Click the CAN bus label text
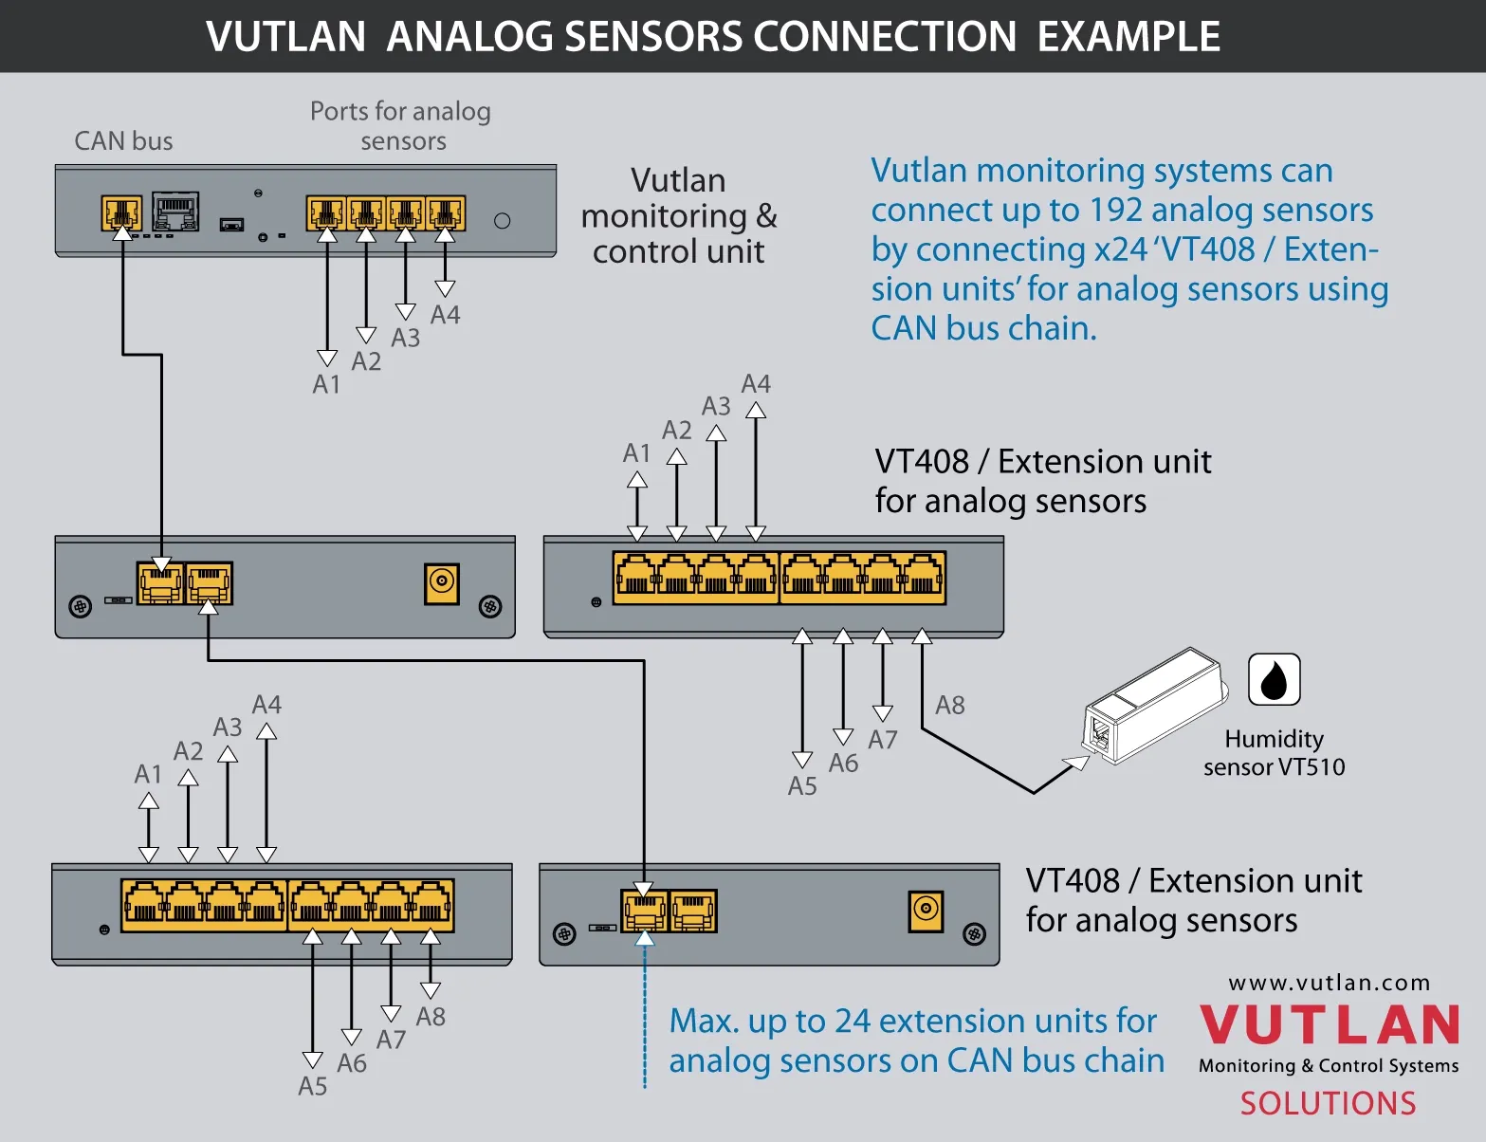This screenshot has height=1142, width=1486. (123, 141)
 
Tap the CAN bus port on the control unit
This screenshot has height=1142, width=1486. (121, 212)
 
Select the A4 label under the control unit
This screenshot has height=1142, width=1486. (445, 315)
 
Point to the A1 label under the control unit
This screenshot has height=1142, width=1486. (326, 384)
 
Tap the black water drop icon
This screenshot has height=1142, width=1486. (1274, 679)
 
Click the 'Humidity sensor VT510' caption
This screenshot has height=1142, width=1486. (1274, 753)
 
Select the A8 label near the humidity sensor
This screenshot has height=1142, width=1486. (949, 705)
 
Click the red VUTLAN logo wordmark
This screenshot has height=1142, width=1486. (1329, 1025)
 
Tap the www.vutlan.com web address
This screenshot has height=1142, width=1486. (1329, 983)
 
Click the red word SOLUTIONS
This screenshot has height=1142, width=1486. (1328, 1103)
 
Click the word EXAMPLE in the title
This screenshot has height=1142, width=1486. (1128, 36)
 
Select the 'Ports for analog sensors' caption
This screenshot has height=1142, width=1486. (401, 125)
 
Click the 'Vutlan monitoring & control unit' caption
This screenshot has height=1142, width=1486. (678, 216)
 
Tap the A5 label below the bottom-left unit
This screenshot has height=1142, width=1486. (313, 1086)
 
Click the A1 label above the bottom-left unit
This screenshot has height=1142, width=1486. (148, 774)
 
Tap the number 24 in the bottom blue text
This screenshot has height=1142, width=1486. (853, 1022)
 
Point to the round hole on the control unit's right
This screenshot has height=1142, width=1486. (503, 221)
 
